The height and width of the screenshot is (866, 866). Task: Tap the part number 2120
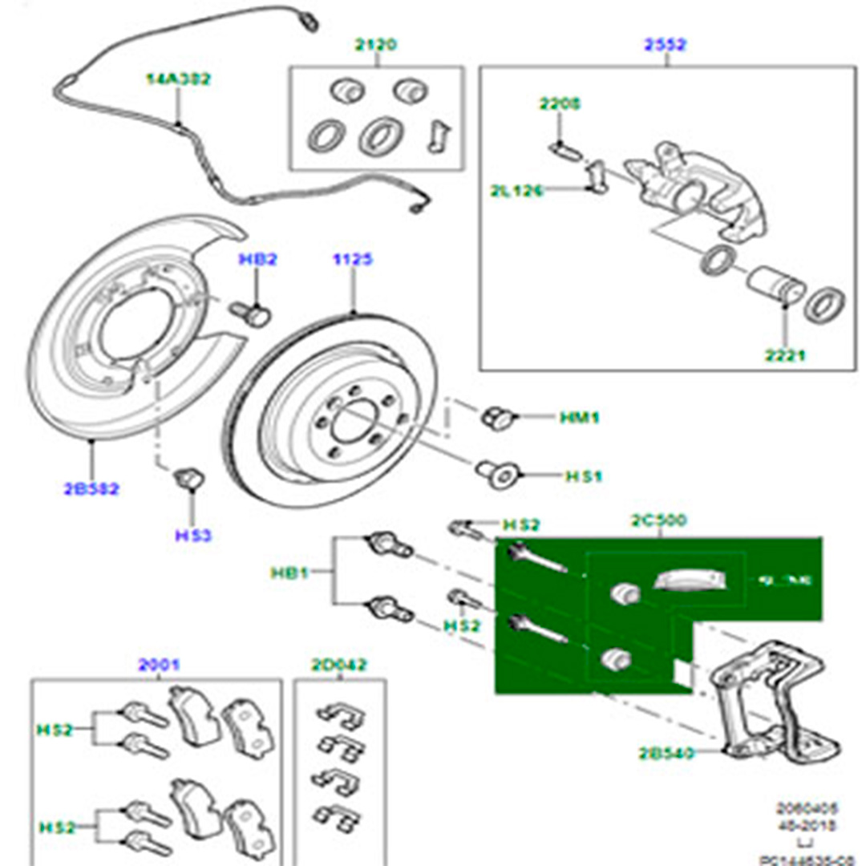[375, 46]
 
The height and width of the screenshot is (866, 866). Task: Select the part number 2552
[665, 46]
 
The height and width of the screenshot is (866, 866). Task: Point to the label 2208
[560, 104]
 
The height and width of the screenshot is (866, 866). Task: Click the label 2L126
[517, 191]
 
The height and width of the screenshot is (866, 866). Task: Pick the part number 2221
[784, 355]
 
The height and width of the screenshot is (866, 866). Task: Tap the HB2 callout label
[257, 260]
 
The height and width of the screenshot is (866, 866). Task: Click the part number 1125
[354, 260]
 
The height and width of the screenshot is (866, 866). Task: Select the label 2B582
[91, 488]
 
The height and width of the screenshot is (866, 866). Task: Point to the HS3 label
[193, 534]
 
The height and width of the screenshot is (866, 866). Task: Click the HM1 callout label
[580, 418]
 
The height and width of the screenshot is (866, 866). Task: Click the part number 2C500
[659, 520]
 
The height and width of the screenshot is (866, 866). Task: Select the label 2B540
[666, 753]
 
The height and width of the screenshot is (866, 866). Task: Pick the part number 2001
[159, 664]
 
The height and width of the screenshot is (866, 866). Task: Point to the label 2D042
[339, 664]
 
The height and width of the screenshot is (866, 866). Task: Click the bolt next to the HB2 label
[253, 313]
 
